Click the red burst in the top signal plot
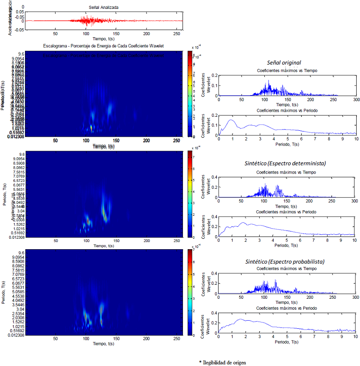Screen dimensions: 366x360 (x=87, y=20)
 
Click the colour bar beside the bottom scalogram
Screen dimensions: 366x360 (x=190, y=292)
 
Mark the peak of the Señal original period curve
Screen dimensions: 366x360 (x=231, y=120)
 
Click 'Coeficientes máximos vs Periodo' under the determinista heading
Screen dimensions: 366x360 (x=287, y=212)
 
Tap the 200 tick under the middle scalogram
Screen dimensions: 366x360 (x=147, y=241)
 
